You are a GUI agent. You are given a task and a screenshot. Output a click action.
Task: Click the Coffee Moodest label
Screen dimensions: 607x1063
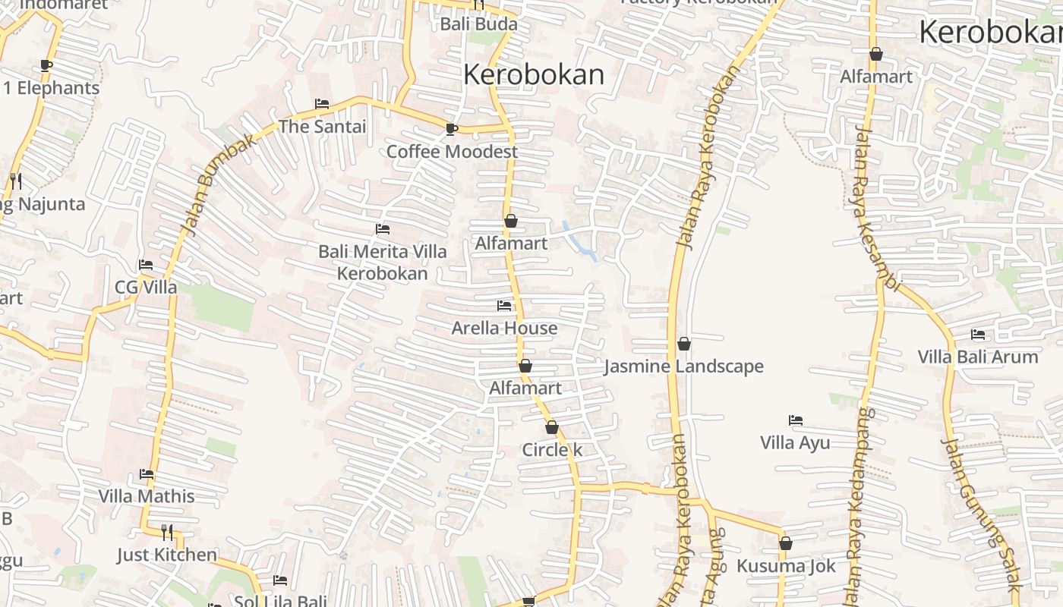pyautogui.click(x=452, y=152)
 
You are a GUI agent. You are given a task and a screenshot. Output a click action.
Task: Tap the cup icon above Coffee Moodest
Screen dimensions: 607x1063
pyautogui.click(x=452, y=129)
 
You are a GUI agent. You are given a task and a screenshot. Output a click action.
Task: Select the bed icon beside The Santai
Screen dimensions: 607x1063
pyautogui.click(x=322, y=104)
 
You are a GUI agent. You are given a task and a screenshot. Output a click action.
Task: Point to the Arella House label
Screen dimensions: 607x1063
pyautogui.click(x=504, y=329)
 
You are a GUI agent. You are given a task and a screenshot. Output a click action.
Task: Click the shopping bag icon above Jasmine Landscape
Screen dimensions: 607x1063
pyautogui.click(x=684, y=344)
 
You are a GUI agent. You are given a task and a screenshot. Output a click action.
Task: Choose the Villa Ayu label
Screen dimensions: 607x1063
pyautogui.click(x=795, y=443)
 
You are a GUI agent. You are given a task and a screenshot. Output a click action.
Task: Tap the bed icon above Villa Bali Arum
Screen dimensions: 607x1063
pyautogui.click(x=978, y=334)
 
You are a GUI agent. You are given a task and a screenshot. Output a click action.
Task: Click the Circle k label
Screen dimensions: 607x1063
pyautogui.click(x=552, y=450)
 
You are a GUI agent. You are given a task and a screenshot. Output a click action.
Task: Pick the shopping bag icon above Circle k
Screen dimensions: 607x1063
pyautogui.click(x=552, y=427)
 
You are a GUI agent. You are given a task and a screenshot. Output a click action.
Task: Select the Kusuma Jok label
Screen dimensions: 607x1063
pyautogui.click(x=786, y=566)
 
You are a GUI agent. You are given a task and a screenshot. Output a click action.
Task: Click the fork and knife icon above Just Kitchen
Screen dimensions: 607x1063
pyautogui.click(x=167, y=532)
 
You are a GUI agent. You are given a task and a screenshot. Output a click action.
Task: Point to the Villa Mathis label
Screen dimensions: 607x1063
pyautogui.click(x=147, y=497)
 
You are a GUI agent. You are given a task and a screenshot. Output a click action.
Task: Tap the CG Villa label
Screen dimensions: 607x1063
pyautogui.click(x=146, y=288)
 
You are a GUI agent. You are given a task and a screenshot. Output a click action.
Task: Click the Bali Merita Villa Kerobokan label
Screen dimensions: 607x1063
pyautogui.click(x=383, y=262)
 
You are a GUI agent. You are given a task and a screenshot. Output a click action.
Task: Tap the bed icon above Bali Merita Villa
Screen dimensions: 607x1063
pyautogui.click(x=383, y=228)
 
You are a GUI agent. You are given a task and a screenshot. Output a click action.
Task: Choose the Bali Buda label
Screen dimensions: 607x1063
pyautogui.click(x=478, y=24)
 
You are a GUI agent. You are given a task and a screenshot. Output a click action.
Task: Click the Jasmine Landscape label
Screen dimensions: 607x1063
pyautogui.click(x=683, y=367)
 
